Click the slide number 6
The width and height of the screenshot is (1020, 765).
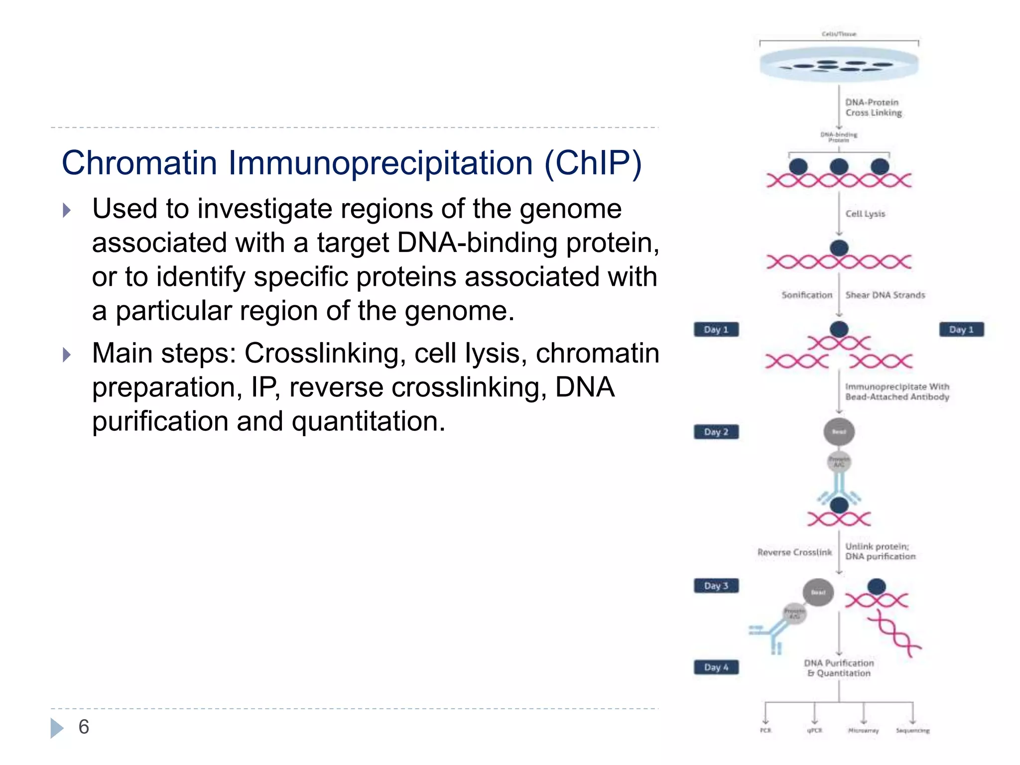tap(84, 727)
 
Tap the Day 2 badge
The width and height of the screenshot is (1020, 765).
tap(716, 432)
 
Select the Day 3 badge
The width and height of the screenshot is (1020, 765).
tap(716, 586)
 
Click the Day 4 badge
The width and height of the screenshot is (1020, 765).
tap(716, 667)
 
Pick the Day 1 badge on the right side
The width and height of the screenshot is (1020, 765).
tap(961, 330)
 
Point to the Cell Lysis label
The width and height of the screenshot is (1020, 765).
tap(865, 214)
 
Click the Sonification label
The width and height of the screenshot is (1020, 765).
tap(806, 295)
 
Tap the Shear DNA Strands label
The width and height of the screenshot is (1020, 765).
tap(885, 295)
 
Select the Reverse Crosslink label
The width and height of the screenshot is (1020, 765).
tap(794, 552)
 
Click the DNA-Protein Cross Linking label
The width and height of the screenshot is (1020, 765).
tap(873, 108)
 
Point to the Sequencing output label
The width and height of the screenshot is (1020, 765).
tap(912, 731)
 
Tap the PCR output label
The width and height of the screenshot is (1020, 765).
tap(765, 731)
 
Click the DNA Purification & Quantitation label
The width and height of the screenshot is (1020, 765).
tap(839, 668)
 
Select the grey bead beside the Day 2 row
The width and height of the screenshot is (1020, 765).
tap(839, 431)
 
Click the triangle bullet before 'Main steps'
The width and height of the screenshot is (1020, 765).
tap(67, 355)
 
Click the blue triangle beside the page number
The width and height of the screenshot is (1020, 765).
tap(57, 728)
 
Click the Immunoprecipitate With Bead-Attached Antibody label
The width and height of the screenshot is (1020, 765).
tap(897, 391)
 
